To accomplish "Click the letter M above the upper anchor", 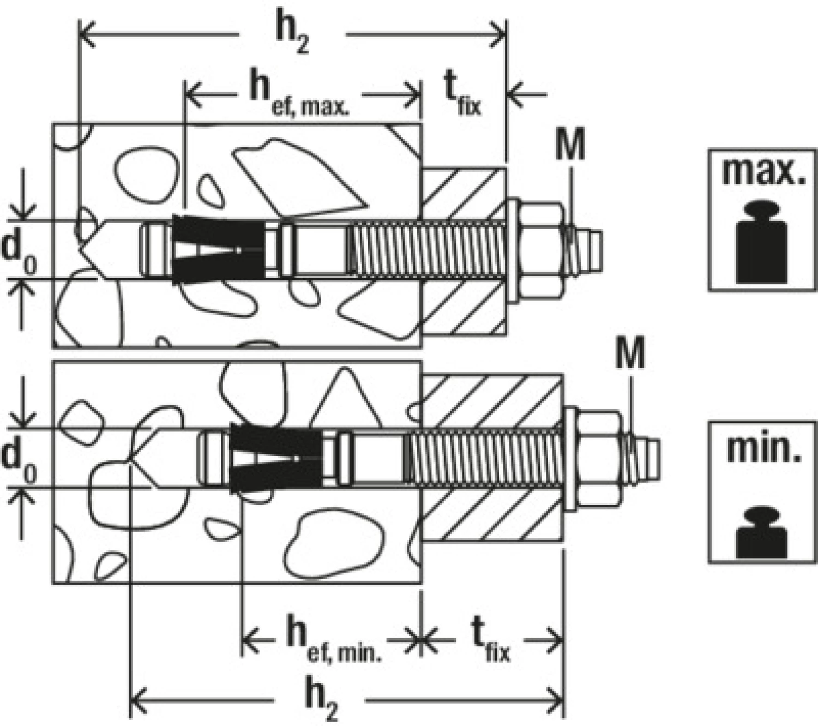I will pyautogui.click(x=570, y=145).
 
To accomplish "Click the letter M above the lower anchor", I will pyautogui.click(x=630, y=353).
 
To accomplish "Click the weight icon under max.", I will pyautogui.click(x=762, y=242).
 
